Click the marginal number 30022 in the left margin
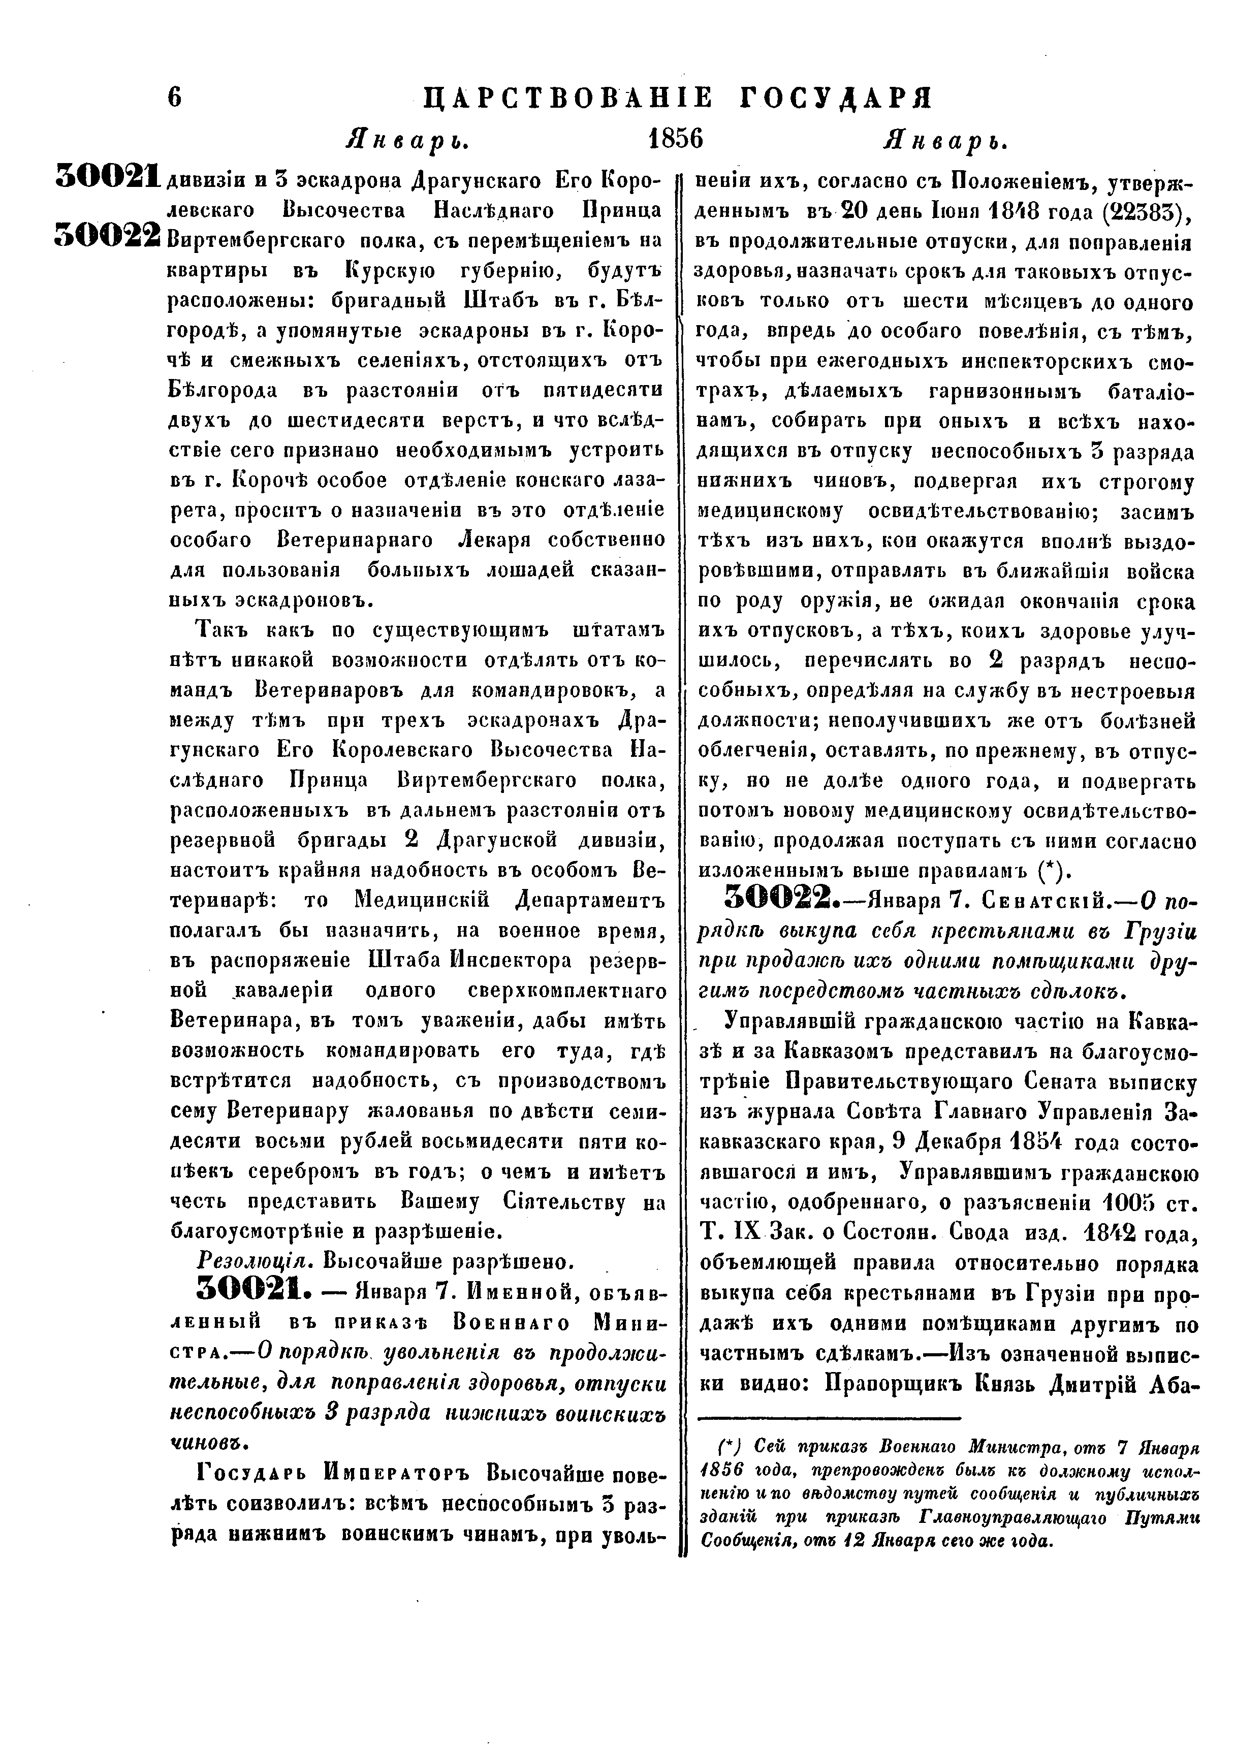[107, 236]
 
